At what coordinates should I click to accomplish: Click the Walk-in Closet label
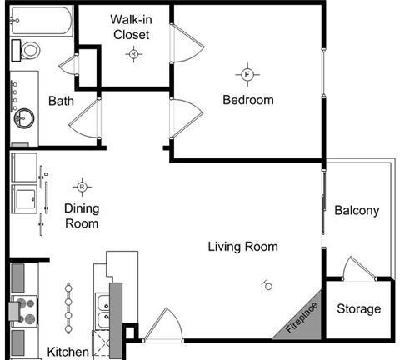click(x=130, y=27)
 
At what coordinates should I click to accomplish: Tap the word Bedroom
click(x=247, y=100)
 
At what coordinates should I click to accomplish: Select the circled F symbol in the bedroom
click(x=247, y=75)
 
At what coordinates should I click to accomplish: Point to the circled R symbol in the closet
click(x=132, y=54)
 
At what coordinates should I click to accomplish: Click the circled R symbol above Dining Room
click(x=82, y=186)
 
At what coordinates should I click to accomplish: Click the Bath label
click(x=62, y=101)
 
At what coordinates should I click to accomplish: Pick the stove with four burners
click(x=23, y=312)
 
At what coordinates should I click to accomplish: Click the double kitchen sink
click(x=104, y=311)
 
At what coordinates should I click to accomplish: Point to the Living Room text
click(x=242, y=247)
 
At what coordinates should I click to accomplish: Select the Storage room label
click(x=358, y=309)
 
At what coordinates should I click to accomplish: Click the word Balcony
click(x=357, y=211)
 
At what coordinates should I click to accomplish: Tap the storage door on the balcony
click(x=358, y=268)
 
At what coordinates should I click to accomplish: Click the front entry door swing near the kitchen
click(x=161, y=326)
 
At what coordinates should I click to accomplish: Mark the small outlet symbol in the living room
click(x=267, y=285)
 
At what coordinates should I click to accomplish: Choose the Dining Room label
click(x=81, y=216)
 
